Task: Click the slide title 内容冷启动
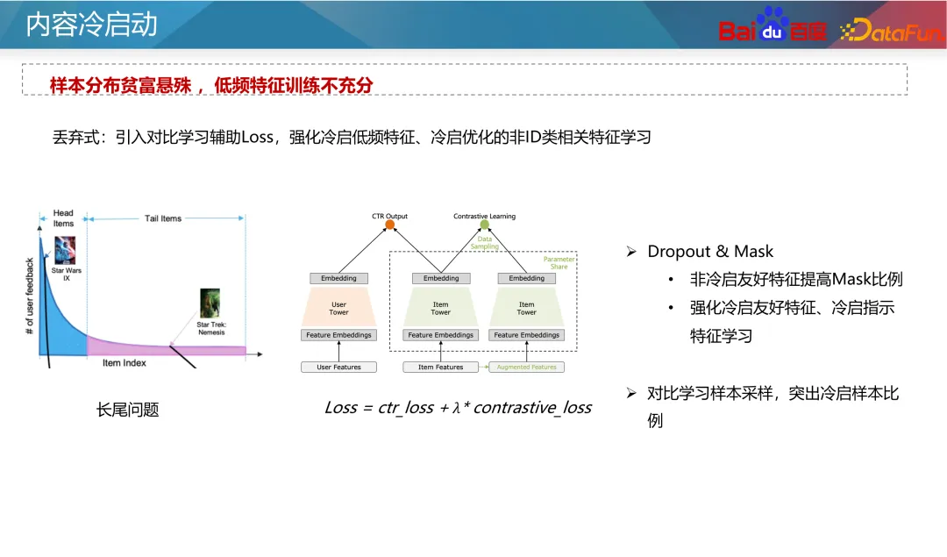point(91,25)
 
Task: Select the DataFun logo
point(891,32)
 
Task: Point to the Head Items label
point(63,218)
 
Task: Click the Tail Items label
point(163,218)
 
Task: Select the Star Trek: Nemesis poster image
point(210,303)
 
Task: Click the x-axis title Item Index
point(124,363)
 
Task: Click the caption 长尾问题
point(128,410)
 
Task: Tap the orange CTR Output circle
point(389,225)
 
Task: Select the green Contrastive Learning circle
point(484,225)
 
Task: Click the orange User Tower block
point(338,308)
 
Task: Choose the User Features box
point(338,367)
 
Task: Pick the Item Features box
point(440,367)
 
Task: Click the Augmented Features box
point(526,367)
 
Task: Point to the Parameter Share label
point(559,263)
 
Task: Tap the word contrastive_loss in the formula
point(532,408)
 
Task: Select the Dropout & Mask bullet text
point(709,252)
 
